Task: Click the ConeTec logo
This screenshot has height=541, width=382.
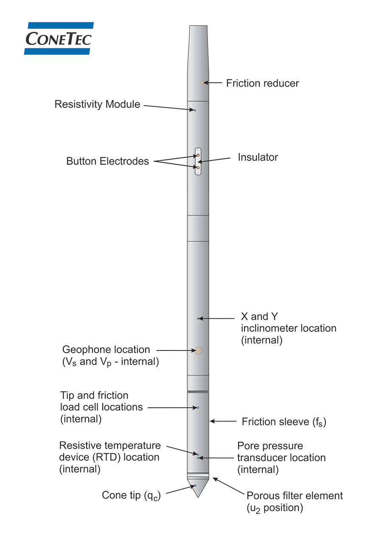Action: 59,38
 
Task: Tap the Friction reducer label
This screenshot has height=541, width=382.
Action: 262,83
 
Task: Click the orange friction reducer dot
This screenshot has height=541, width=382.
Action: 203,83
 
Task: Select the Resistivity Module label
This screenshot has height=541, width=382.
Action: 97,104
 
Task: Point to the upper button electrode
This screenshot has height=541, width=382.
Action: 198,155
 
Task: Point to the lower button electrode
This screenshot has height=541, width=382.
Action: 198,168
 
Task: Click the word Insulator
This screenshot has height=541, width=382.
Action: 258,157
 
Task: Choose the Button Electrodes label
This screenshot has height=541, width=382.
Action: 107,161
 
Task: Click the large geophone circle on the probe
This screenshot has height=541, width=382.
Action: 198,350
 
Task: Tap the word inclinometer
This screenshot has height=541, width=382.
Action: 272,328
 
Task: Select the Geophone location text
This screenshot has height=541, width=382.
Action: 106,350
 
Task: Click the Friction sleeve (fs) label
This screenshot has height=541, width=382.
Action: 284,422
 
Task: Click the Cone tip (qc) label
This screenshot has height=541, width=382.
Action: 132,495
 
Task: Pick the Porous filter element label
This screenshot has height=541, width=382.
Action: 295,496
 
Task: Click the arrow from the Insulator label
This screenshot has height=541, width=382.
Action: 216,160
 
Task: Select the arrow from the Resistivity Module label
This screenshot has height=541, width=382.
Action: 168,107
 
